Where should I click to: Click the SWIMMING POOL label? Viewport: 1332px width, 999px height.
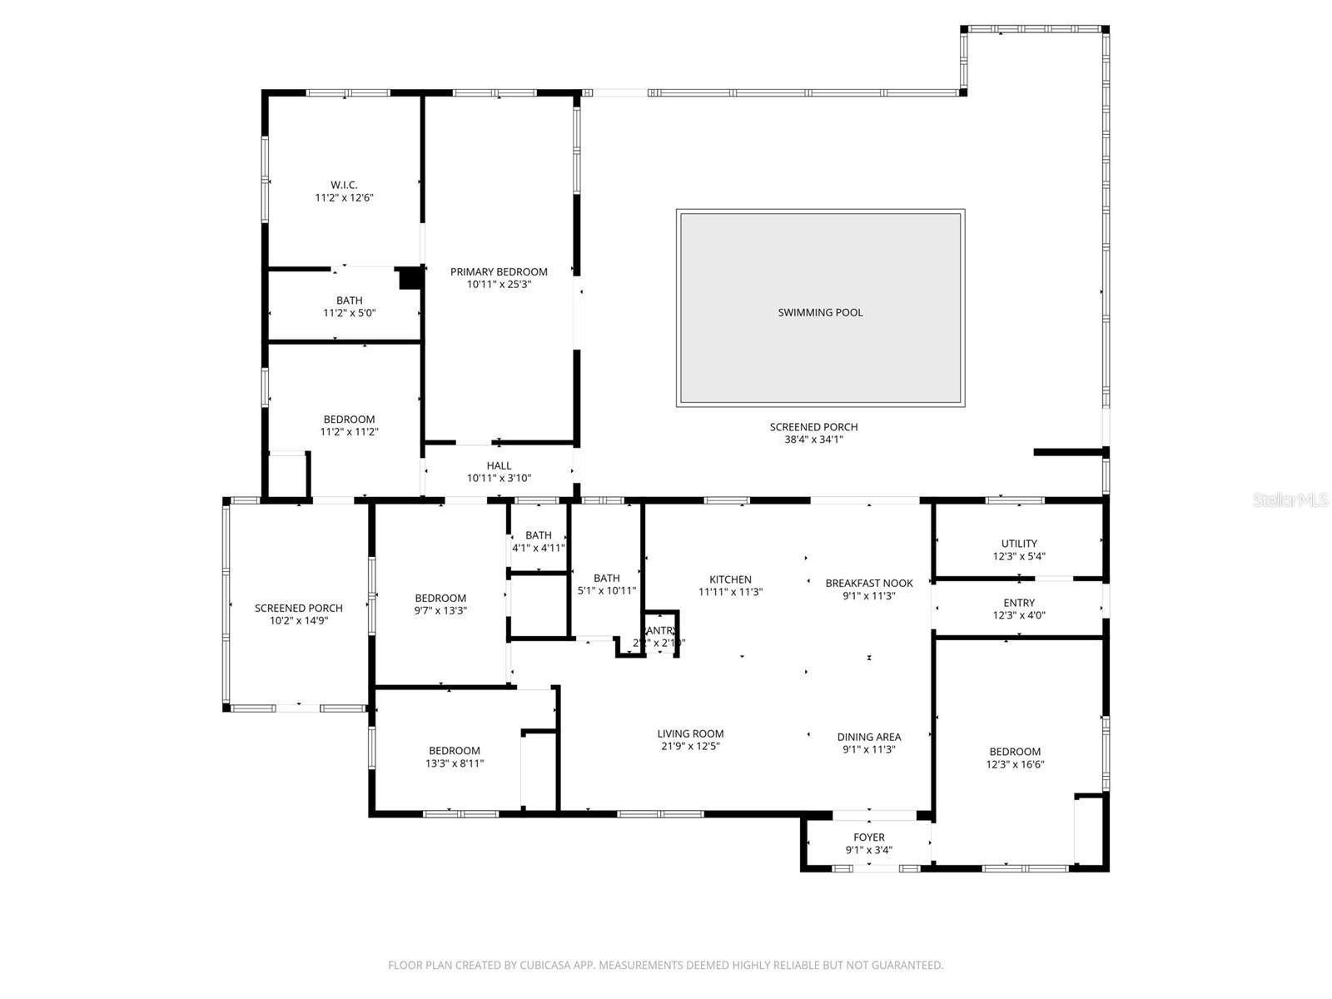pyautogui.click(x=820, y=312)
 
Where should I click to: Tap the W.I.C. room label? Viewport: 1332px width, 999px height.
pyautogui.click(x=344, y=185)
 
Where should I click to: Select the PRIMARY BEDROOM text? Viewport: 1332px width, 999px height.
pyautogui.click(x=499, y=271)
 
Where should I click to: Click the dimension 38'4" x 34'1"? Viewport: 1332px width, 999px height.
pyautogui.click(x=813, y=440)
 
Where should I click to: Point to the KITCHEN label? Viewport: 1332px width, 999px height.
pyautogui.click(x=730, y=579)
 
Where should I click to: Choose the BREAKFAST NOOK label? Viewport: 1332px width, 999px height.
pyautogui.click(x=868, y=583)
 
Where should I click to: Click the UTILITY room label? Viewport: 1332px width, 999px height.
pyautogui.click(x=1019, y=544)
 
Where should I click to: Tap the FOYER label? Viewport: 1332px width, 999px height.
pyautogui.click(x=868, y=837)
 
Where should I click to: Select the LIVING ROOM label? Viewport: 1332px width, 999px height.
pyautogui.click(x=690, y=733)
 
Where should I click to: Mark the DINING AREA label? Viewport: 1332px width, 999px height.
pyautogui.click(x=868, y=737)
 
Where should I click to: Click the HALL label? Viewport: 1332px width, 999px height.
pyautogui.click(x=499, y=465)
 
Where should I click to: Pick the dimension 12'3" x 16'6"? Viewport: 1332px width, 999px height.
pyautogui.click(x=1015, y=764)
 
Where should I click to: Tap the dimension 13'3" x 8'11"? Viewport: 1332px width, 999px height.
pyautogui.click(x=455, y=763)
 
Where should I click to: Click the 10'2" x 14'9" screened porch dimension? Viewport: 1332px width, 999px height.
pyautogui.click(x=298, y=621)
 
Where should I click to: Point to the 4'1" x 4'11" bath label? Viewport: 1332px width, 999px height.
pyautogui.click(x=539, y=548)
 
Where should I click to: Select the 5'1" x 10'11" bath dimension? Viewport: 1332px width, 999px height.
pyautogui.click(x=607, y=591)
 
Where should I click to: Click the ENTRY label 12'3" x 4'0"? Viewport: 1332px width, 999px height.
pyautogui.click(x=1019, y=603)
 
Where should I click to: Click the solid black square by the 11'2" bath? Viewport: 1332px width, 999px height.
pyautogui.click(x=410, y=278)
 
